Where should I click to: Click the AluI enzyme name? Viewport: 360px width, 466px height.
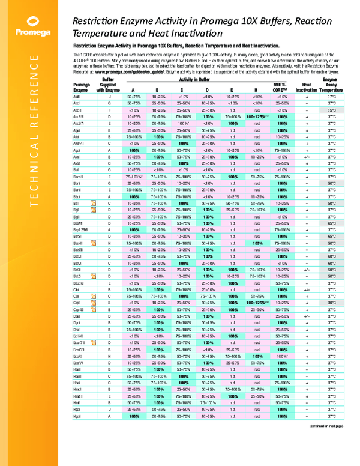click(x=77, y=137)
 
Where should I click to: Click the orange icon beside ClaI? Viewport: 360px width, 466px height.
click(x=93, y=296)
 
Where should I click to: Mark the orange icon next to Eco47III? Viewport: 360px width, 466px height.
click(x=93, y=343)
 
